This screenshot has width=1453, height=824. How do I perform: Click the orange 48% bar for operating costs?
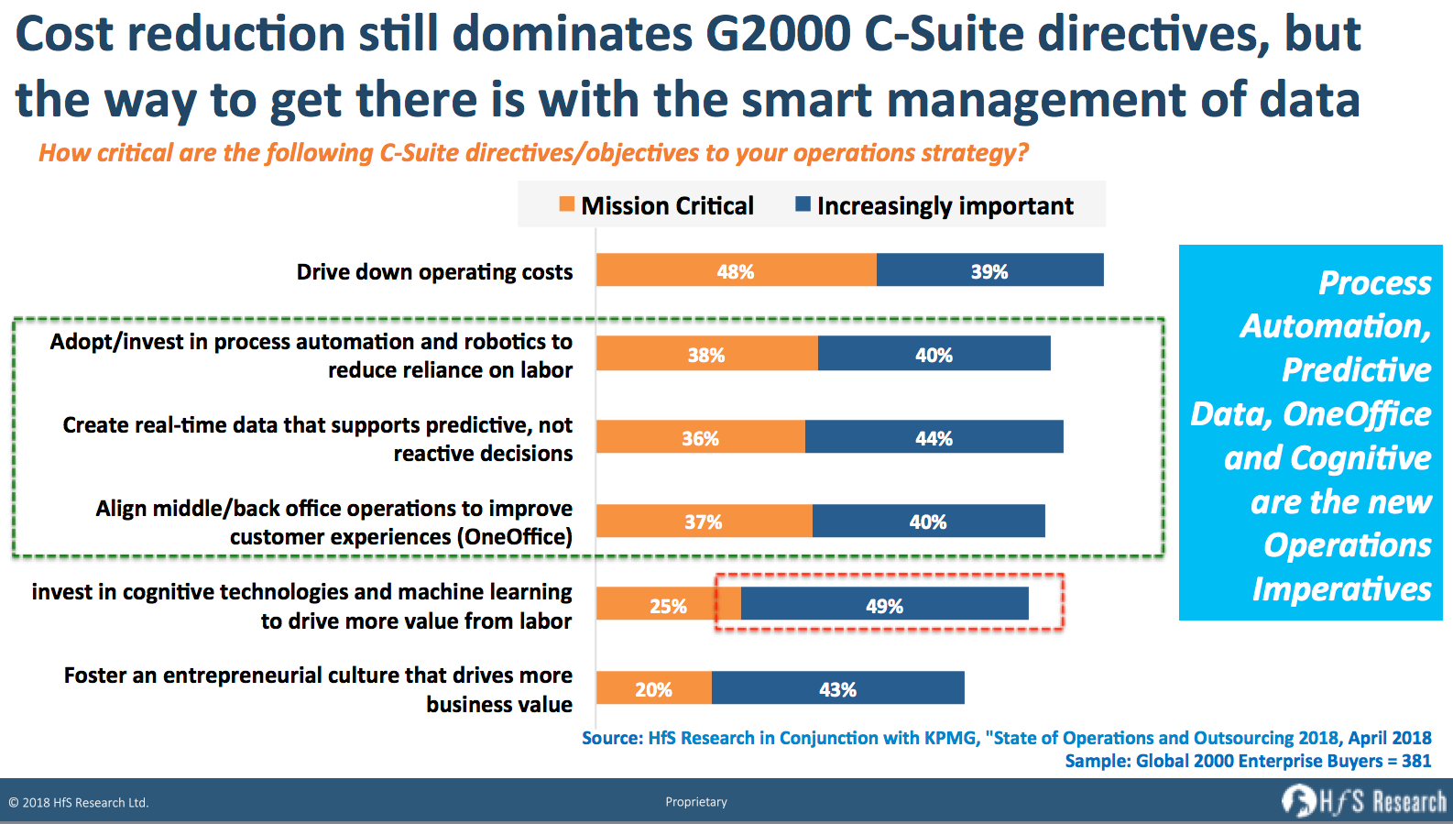736,270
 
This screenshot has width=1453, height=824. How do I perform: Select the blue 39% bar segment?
989,270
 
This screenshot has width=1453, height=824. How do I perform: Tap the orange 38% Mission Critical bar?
706,354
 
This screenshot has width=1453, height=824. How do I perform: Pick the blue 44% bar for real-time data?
934,437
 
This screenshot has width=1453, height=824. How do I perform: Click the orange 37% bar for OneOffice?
704,521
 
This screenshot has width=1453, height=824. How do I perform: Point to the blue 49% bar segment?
884,604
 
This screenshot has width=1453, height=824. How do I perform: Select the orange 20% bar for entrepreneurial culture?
653,688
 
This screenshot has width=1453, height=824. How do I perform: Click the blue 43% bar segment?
837,688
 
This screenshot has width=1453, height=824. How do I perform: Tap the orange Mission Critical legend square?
567,204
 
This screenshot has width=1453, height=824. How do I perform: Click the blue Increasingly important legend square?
803,204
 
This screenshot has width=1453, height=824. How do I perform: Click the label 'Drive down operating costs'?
434,272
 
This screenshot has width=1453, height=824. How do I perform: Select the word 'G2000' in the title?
778,35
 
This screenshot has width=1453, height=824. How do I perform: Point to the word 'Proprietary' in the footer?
696,802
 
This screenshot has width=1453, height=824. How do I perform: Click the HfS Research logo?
1363,802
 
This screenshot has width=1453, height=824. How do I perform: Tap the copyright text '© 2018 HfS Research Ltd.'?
79,803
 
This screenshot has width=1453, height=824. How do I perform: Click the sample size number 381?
1416,761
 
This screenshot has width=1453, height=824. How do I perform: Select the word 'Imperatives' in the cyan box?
1341,589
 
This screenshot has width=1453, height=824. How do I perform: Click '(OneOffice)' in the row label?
515,537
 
